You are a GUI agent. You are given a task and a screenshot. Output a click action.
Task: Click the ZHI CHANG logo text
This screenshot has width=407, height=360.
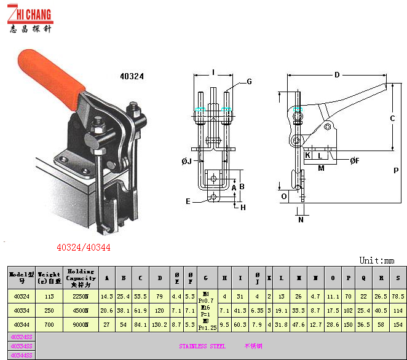[31, 15]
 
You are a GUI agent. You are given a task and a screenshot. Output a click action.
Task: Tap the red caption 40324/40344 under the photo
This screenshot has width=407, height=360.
[83, 248]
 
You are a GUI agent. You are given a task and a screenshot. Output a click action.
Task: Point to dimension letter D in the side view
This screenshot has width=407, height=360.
[337, 75]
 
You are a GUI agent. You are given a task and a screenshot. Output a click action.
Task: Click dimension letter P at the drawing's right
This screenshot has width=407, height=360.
[397, 170]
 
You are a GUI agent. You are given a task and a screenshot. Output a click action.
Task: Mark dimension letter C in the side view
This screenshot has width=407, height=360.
[392, 117]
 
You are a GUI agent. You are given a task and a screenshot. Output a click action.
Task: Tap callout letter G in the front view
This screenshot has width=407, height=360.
[250, 81]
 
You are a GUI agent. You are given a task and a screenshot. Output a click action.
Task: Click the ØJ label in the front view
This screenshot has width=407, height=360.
[187, 161]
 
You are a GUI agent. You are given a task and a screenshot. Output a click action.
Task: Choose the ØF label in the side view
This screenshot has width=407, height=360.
[354, 161]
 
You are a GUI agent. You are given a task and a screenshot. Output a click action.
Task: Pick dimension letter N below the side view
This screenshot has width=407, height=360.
[301, 219]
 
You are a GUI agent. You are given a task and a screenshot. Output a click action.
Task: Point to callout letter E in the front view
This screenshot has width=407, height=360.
[188, 201]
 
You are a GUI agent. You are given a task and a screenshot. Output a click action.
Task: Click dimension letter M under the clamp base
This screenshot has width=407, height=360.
[321, 168]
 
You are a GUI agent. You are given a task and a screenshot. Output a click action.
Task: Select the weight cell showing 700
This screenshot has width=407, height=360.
[49, 324]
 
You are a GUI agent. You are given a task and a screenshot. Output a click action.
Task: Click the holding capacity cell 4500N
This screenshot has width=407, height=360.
[81, 310]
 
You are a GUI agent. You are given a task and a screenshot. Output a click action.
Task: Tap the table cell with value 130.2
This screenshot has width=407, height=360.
[160, 324]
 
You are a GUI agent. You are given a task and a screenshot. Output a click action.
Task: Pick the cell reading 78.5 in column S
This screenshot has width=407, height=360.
[398, 296]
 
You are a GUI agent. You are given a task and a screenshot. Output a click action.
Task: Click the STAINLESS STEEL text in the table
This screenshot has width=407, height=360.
[202, 346]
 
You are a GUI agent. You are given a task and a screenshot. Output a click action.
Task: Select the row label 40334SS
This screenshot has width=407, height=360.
[22, 346]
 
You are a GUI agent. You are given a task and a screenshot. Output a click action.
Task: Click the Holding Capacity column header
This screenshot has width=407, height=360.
[81, 277]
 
